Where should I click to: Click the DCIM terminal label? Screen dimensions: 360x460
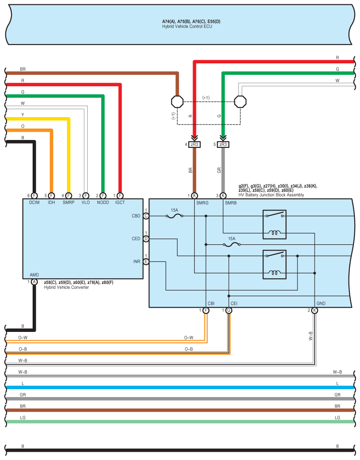(34, 202)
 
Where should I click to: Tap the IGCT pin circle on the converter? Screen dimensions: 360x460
(120, 196)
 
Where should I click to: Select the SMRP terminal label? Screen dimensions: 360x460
(68, 202)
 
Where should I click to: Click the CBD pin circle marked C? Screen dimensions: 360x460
(146, 216)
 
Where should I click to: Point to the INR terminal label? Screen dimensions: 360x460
(137, 261)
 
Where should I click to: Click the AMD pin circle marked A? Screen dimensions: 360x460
(34, 282)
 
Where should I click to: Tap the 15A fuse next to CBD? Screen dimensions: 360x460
(174, 216)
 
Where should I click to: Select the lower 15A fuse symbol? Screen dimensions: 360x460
(232, 244)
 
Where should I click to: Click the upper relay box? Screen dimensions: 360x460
(275, 224)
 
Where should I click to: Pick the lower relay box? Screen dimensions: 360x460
(275, 264)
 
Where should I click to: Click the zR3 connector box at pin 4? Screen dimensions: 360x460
(194, 145)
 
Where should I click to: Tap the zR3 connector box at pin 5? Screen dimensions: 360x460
(223, 145)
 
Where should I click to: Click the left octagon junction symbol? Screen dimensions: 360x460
(178, 102)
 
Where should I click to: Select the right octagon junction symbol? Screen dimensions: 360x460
(240, 102)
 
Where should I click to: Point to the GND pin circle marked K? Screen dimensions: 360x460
(315, 310)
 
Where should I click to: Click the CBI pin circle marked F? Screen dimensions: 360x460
(206, 310)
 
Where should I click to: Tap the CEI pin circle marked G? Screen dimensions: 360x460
(229, 310)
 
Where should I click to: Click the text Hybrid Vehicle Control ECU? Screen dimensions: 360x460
(187, 26)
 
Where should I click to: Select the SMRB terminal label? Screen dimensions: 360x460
(231, 203)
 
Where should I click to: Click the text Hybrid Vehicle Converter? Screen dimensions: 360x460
(67, 287)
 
